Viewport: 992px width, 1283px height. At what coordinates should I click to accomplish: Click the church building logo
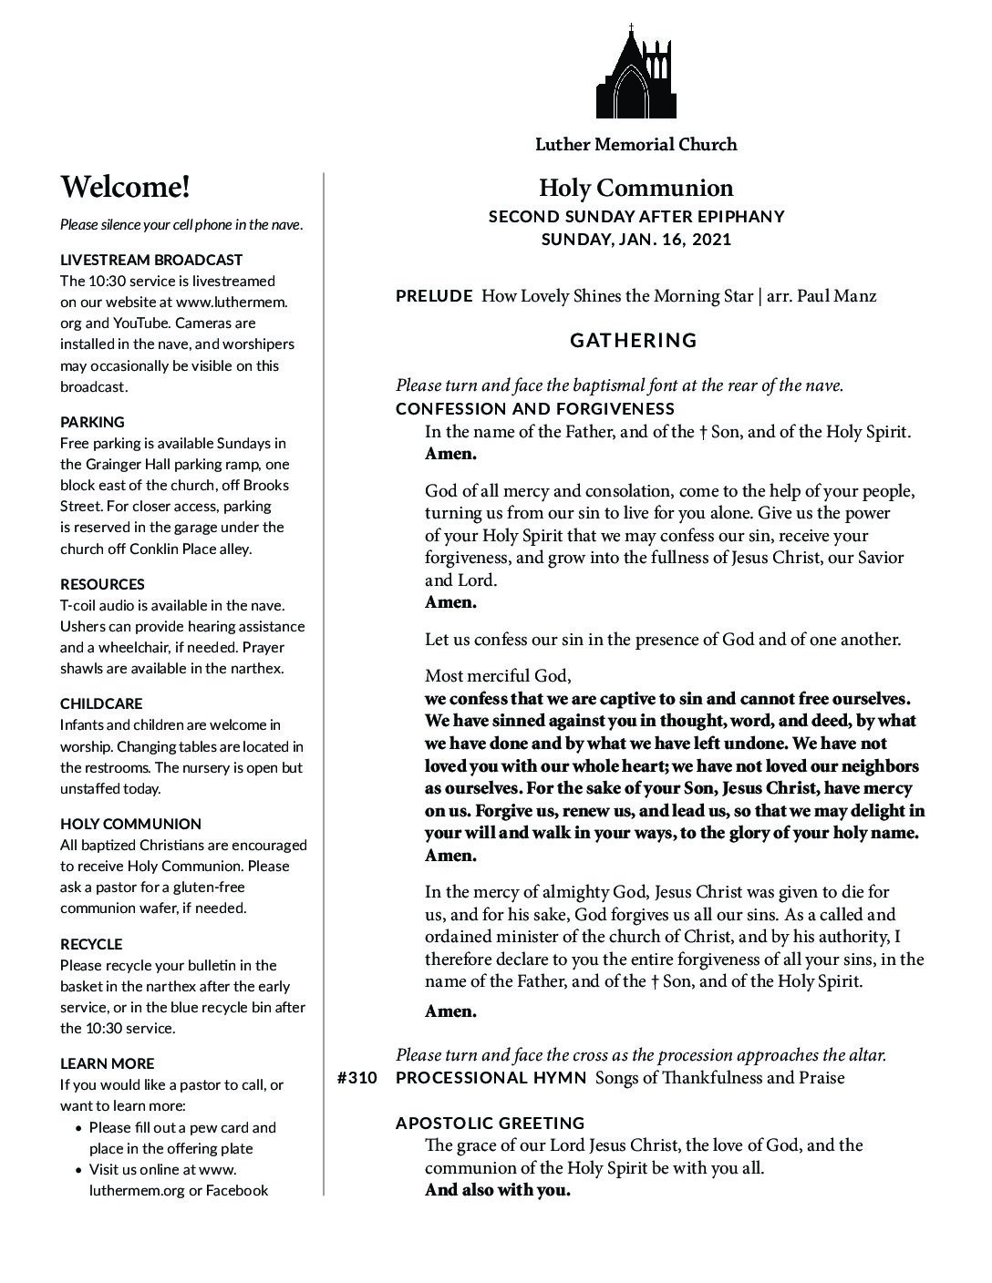click(x=636, y=73)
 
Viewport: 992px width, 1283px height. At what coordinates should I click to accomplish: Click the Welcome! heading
click(x=126, y=187)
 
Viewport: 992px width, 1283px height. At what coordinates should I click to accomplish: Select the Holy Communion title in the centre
click(x=635, y=188)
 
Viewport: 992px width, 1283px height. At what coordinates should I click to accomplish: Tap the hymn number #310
click(x=356, y=1078)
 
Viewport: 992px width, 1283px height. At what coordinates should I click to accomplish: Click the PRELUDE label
click(x=434, y=296)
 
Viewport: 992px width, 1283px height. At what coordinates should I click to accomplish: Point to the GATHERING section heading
click(x=634, y=341)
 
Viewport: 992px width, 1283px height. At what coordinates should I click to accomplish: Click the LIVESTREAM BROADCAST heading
click(x=151, y=260)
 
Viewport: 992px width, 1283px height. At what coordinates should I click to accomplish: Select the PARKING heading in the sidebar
click(x=92, y=422)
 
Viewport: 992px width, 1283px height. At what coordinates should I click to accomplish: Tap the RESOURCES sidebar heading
click(x=102, y=584)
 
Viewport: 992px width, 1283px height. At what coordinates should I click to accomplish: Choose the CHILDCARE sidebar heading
click(x=101, y=703)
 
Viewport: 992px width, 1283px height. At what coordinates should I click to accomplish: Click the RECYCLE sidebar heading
click(x=91, y=944)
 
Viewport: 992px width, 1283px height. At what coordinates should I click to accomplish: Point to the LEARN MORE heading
click(x=108, y=1063)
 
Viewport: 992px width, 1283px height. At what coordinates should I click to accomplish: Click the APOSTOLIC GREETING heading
click(x=491, y=1123)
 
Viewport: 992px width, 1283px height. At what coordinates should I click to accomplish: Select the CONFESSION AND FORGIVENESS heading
click(x=535, y=409)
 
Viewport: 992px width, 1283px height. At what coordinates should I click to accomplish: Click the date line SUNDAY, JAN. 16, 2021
click(x=635, y=240)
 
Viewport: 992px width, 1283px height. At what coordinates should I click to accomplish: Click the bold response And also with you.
click(x=497, y=1190)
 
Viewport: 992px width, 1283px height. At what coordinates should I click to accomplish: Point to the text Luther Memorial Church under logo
click(x=635, y=144)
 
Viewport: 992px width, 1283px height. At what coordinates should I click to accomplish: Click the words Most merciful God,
click(x=498, y=676)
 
